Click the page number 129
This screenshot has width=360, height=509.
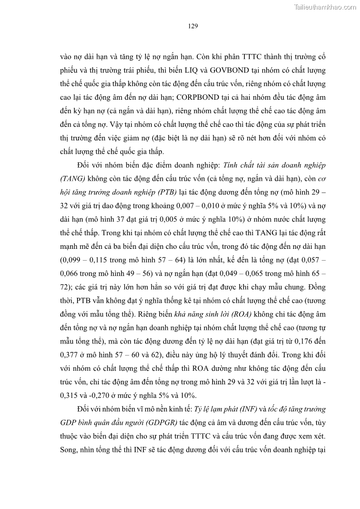(192, 27)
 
